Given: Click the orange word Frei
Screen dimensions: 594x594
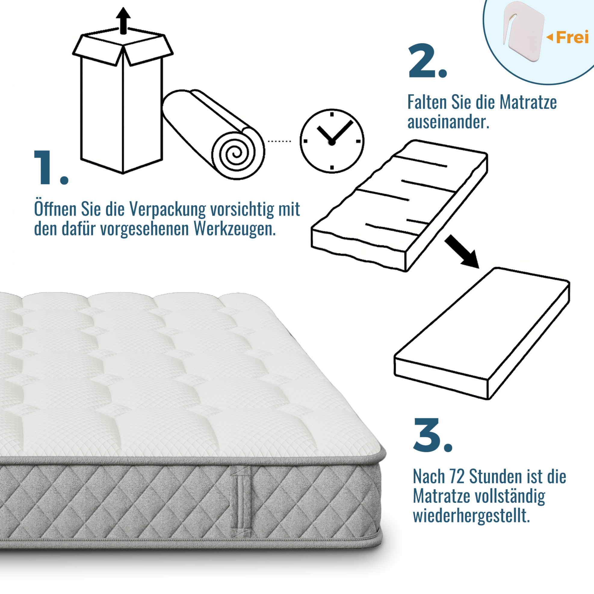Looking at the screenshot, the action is pyautogui.click(x=572, y=38).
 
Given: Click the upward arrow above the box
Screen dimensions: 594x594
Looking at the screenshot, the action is pyautogui.click(x=123, y=21).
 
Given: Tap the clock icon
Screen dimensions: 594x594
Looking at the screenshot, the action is pyautogui.click(x=332, y=141).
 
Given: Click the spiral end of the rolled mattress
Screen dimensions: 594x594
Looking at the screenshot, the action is pyautogui.click(x=238, y=153).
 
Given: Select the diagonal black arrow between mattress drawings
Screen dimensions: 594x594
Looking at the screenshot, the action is pyautogui.click(x=462, y=252).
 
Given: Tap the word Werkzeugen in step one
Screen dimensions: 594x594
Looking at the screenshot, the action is pyautogui.click(x=234, y=229).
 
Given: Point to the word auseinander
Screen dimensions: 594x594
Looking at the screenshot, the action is pyautogui.click(x=448, y=122).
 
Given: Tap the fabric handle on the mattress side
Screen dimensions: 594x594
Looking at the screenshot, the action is pyautogui.click(x=241, y=502).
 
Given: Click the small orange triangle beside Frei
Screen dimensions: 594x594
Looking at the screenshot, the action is pyautogui.click(x=549, y=38).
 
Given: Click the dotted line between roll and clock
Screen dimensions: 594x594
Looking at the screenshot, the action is pyautogui.click(x=280, y=141).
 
